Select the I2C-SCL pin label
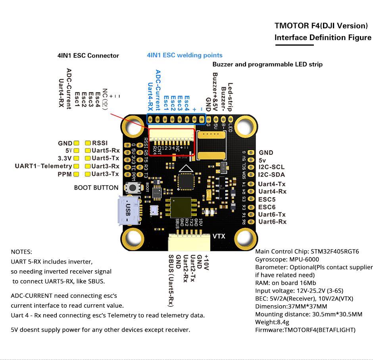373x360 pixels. coord(271,167)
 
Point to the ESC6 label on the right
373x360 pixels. coord(267,207)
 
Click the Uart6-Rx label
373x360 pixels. coord(272,221)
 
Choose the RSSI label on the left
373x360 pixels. coord(100,143)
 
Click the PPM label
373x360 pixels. coord(65,174)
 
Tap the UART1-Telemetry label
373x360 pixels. coord(43,166)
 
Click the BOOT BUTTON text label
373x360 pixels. coord(96,187)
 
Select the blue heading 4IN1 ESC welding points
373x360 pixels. coord(185,55)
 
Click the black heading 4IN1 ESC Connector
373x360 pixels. coord(88,56)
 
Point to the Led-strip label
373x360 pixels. coord(230,97)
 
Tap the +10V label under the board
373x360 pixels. coord(206,263)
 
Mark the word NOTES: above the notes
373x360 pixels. coord(21,252)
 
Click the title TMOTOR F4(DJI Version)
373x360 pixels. coord(321,26)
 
